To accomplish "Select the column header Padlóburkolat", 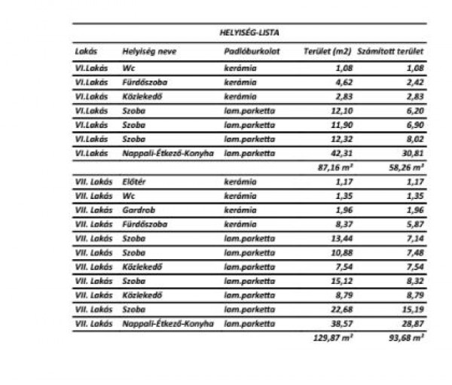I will tap(249, 55).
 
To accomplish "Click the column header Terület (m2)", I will tap(327, 55).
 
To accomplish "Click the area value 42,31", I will tap(335, 153).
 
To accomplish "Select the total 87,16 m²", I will tap(332, 168).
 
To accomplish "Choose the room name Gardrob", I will tap(138, 210).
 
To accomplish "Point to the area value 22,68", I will tap(335, 310).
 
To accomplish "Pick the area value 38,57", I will tap(335, 323).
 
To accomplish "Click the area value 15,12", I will tap(335, 281).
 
